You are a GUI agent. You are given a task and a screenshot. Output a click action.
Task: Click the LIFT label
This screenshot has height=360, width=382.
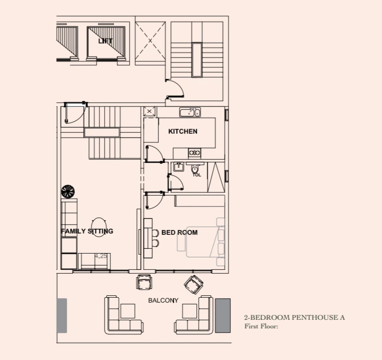[x=106, y=41]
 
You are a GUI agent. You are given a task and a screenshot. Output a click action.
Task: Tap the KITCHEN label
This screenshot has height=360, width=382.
[x=183, y=131]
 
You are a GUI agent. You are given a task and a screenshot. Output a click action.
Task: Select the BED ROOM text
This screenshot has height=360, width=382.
[x=179, y=232]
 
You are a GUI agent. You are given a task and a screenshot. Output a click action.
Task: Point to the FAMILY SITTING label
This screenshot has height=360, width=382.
[x=87, y=231]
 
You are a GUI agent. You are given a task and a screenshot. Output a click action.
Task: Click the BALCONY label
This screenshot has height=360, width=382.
[x=163, y=301]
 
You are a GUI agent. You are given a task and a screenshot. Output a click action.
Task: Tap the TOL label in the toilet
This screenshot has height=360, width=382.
[x=197, y=175]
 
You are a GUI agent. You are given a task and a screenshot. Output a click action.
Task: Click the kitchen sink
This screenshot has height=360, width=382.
[x=190, y=113]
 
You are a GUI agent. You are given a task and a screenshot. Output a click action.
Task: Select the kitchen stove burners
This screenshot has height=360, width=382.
[x=195, y=153]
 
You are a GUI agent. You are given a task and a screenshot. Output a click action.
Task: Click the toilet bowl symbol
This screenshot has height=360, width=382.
[x=195, y=168]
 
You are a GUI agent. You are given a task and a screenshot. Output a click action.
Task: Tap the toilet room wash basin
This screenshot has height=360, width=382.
[x=179, y=167]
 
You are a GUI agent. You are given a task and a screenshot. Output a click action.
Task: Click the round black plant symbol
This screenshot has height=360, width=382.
[x=68, y=192]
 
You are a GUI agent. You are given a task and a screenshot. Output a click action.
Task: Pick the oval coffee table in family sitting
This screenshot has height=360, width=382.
[x=99, y=227]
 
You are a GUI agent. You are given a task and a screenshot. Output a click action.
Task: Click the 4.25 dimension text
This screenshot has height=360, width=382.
[x=101, y=256]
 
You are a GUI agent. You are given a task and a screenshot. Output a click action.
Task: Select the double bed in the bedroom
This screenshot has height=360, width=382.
[x=205, y=242]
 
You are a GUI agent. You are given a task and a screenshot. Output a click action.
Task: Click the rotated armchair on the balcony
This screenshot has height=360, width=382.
[x=194, y=285]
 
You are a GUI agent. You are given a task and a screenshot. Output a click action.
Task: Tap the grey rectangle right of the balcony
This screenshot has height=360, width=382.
[x=223, y=315]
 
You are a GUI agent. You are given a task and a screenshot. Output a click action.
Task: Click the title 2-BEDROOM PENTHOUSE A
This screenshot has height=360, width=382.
[x=295, y=317]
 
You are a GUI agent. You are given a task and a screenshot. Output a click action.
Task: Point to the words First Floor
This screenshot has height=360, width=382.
[x=261, y=326]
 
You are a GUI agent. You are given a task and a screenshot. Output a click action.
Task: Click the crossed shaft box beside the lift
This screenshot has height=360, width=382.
[x=150, y=40]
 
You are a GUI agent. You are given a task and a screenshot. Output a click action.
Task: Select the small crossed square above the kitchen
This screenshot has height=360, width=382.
[x=150, y=112]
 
